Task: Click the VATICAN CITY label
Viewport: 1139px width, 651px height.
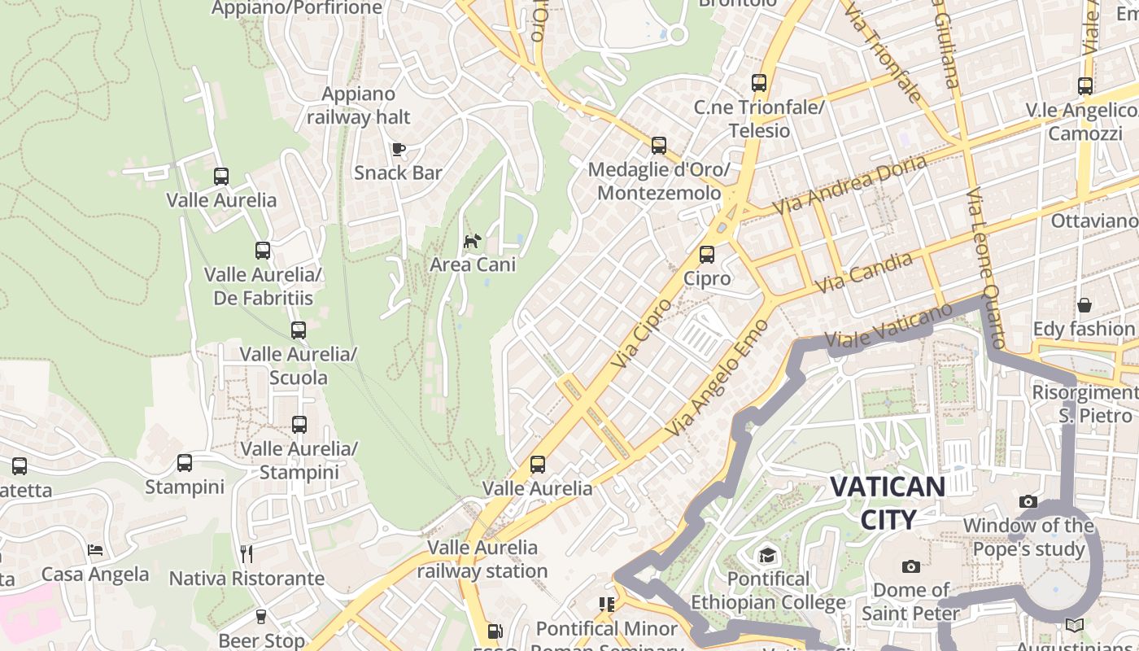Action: coord(888,503)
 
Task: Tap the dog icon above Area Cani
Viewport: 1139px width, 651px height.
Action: coord(472,241)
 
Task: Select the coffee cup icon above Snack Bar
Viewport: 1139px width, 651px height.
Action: coord(398,149)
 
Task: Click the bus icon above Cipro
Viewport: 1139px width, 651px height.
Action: coord(707,255)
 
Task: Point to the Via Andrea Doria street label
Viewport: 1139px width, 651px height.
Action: coord(850,185)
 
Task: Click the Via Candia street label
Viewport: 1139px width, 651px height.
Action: coord(864,273)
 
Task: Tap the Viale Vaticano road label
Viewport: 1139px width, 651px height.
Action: coord(888,329)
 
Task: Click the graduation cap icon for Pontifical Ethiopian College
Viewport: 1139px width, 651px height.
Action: coord(767,556)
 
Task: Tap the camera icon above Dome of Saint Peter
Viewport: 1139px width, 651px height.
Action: coord(911,566)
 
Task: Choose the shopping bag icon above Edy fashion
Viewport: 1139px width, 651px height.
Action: coord(1084,305)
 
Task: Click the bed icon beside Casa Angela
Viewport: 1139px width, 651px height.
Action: coord(95,550)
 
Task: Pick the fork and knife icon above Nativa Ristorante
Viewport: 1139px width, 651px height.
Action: coord(247,554)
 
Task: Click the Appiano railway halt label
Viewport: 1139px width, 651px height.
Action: coord(359,106)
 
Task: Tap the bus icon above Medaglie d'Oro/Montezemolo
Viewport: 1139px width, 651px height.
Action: coord(659,146)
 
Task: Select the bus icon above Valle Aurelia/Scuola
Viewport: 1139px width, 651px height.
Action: coord(299,330)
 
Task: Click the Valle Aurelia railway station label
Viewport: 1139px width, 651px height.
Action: coord(482,559)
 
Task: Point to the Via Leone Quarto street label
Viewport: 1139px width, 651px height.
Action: coord(987,269)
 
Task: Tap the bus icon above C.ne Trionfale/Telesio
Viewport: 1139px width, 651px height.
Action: coord(759,83)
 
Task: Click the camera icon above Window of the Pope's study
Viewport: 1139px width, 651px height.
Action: coord(1028,501)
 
